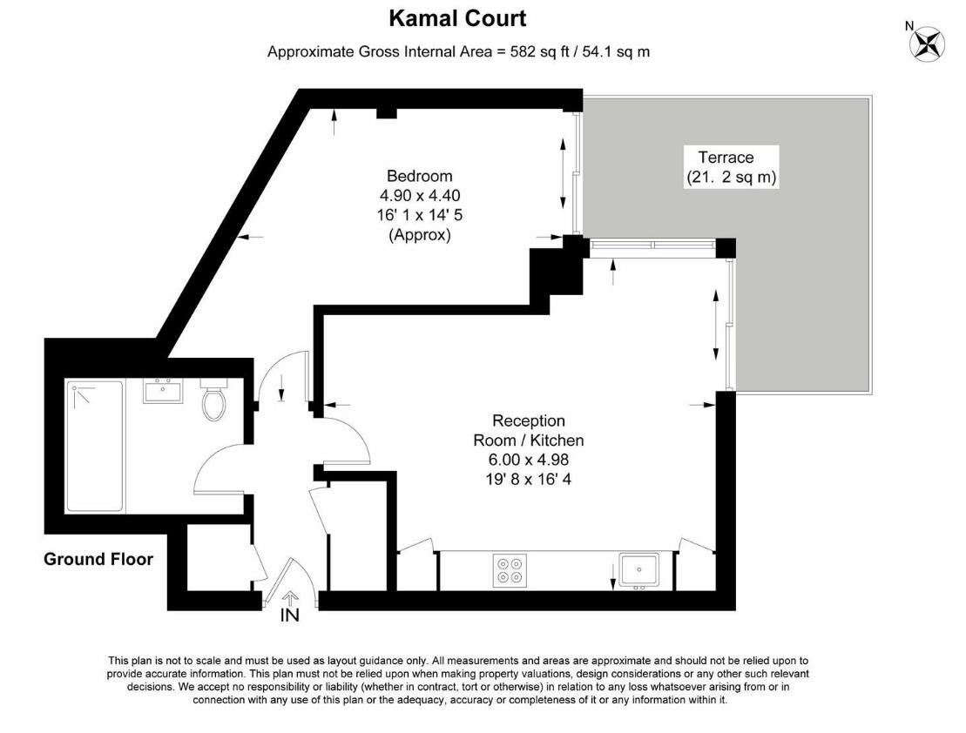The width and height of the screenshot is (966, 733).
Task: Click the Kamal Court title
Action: pyautogui.click(x=456, y=18)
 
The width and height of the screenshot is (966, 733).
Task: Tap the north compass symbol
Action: pyautogui.click(x=928, y=44)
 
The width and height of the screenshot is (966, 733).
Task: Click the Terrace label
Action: pyautogui.click(x=725, y=158)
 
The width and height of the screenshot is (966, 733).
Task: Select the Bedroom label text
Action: pyautogui.click(x=420, y=177)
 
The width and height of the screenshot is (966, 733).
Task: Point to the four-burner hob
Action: pyautogui.click(x=510, y=570)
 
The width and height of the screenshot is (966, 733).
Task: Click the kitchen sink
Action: pyautogui.click(x=640, y=570)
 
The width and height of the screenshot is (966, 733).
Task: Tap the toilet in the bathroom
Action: pyautogui.click(x=213, y=401)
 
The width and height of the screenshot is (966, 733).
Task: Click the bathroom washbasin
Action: pyautogui.click(x=163, y=391)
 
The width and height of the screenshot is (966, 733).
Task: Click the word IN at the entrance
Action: pyautogui.click(x=290, y=615)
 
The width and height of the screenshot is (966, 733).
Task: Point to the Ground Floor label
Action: pyautogui.click(x=98, y=560)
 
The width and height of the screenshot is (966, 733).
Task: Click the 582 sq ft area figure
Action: pyautogui.click(x=540, y=52)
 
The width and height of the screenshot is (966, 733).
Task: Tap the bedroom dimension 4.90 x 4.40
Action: pyautogui.click(x=420, y=196)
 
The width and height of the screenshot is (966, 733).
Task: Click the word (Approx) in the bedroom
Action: pyautogui.click(x=420, y=235)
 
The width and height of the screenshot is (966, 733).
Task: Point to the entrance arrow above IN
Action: pyautogui.click(x=290, y=598)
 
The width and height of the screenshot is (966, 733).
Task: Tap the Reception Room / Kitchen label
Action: pyautogui.click(x=528, y=431)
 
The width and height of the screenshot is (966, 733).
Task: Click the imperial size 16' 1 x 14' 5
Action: pyautogui.click(x=420, y=216)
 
